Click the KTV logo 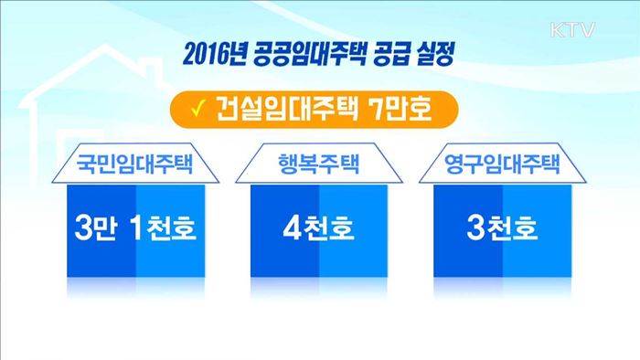[x=573, y=30]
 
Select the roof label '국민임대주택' [x=136, y=166]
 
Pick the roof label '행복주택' [x=318, y=166]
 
